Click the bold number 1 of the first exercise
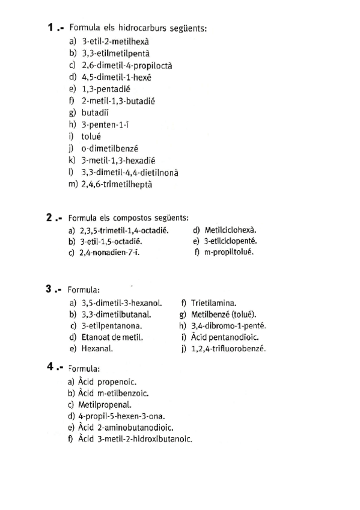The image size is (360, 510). [x=51, y=28]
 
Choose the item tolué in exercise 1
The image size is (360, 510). [x=91, y=137]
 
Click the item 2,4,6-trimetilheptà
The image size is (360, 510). [x=117, y=184]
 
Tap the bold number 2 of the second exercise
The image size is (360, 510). [x=50, y=218]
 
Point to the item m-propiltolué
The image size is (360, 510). [x=228, y=253]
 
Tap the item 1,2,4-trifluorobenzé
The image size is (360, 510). [x=228, y=348]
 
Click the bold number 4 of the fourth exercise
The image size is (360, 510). [x=51, y=367]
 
